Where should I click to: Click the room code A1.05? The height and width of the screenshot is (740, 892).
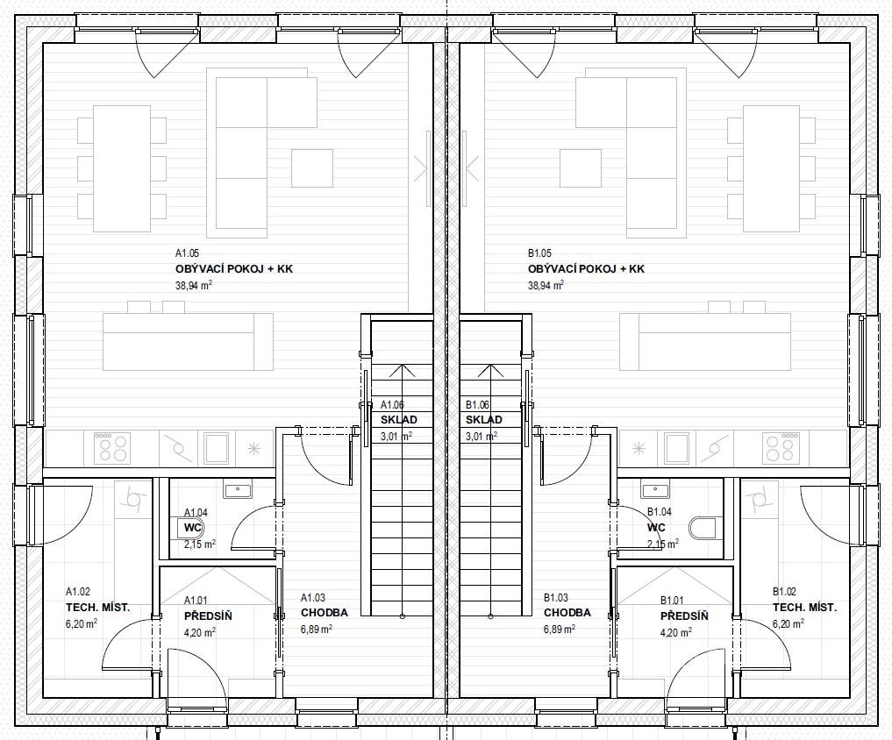pos(187,253)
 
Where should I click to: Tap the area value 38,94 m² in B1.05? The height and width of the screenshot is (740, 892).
pos(546,285)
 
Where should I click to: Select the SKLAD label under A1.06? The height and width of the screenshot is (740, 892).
pos(399,420)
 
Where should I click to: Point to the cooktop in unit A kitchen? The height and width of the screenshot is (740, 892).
pos(112,447)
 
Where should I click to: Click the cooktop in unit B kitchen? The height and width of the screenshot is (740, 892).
pos(780,447)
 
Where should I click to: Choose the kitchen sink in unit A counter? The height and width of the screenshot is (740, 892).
pos(217,448)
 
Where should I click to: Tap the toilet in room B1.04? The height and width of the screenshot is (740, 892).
pos(703,528)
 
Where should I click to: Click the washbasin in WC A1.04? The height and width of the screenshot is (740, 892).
pos(238,490)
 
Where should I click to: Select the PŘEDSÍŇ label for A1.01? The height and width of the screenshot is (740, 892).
pos(208,616)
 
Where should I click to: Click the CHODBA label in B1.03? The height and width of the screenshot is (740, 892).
pos(567,613)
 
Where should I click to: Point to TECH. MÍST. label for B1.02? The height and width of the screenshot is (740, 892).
pos(804,608)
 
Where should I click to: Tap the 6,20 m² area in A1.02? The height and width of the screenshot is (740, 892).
pos(82,623)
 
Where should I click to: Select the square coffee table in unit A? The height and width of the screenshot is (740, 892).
pos(312,167)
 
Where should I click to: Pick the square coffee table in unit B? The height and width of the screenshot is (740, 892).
pos(581,167)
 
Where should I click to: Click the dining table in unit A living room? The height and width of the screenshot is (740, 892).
pos(122,168)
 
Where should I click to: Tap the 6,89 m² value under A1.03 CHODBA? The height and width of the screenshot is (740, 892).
pos(317,629)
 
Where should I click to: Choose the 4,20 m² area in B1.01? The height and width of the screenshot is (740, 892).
pos(676,631)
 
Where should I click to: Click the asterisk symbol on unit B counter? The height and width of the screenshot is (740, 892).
pos(639,448)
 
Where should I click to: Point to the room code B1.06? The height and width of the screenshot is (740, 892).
pos(477,405)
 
